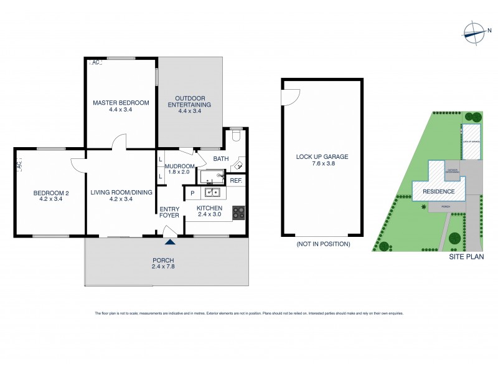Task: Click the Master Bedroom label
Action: click(x=121, y=102)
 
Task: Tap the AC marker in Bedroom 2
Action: click(x=19, y=165)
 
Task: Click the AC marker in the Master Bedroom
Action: click(x=96, y=63)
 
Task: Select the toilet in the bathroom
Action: click(x=236, y=134)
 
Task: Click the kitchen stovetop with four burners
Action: click(x=238, y=213)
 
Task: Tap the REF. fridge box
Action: click(x=235, y=181)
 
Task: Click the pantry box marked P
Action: click(x=192, y=193)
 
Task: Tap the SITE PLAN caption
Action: click(x=466, y=256)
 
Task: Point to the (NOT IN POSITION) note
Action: click(x=322, y=244)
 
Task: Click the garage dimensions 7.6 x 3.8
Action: click(x=322, y=165)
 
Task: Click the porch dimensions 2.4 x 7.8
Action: click(x=163, y=267)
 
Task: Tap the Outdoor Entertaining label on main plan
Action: click(x=190, y=101)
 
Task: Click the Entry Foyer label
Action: click(x=169, y=212)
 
